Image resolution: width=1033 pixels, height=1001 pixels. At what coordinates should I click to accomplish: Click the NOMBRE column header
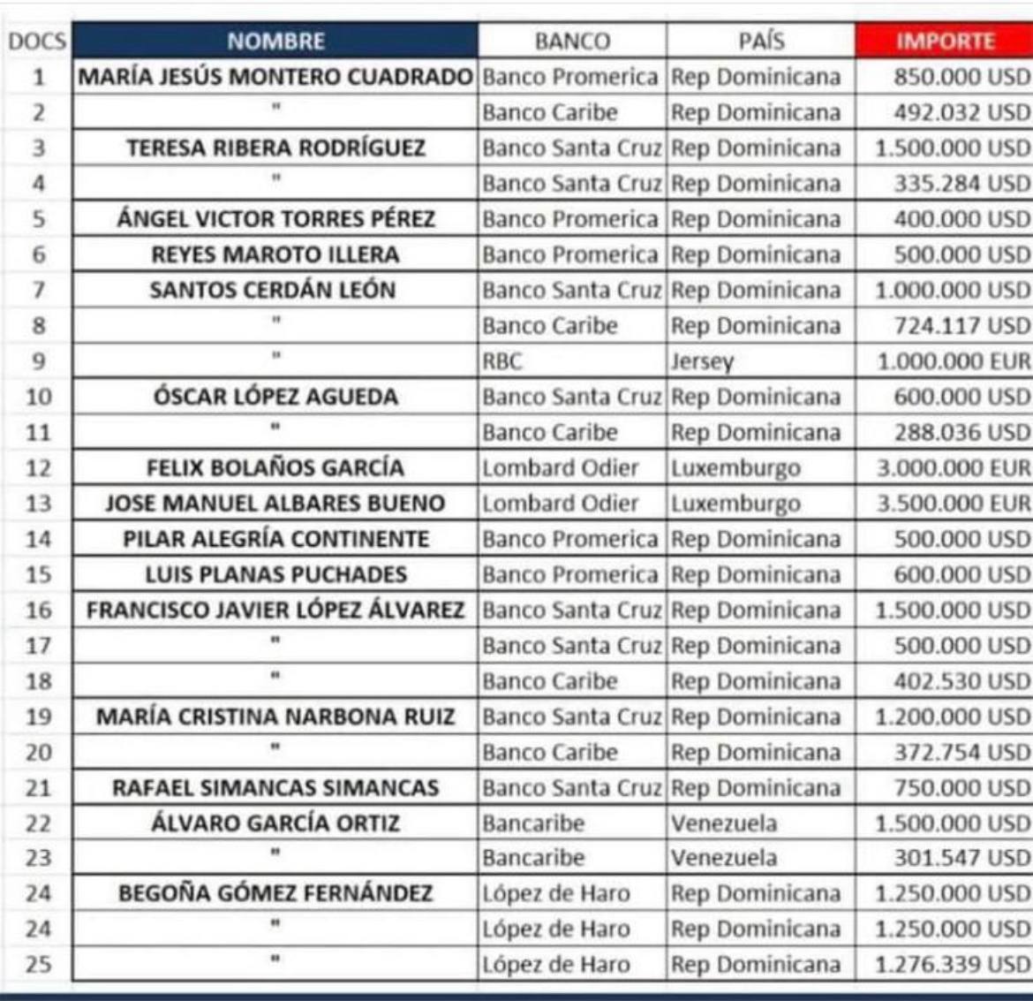pos(275,41)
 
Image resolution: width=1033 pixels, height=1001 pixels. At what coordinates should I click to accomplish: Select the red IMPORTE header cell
pos(945,41)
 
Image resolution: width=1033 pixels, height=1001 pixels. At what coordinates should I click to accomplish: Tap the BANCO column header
pos(572,41)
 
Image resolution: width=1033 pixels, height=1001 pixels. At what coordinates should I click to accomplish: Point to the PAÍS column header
pos(761,41)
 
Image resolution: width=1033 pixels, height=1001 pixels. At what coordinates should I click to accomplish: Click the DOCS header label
pos(38,42)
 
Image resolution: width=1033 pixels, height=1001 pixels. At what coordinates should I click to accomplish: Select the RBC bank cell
pos(503,361)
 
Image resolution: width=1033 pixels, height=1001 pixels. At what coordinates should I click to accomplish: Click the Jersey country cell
pos(703,361)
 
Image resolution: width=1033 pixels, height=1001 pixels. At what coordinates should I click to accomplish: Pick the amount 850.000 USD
pos(961,77)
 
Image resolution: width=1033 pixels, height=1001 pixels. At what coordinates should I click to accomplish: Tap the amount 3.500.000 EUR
pos(953,504)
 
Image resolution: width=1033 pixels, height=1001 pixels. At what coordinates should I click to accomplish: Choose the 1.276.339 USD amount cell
pos(952,964)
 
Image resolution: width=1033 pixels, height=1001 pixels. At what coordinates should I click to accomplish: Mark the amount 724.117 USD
pos(961,325)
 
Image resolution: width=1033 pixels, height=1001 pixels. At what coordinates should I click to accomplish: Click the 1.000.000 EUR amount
pos(953,361)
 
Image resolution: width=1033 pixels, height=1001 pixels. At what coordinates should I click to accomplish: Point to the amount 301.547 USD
pos(961,858)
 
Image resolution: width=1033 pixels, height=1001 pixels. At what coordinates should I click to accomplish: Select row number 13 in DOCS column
pos(38,504)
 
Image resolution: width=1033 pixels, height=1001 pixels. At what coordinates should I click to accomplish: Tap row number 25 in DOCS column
pos(38,964)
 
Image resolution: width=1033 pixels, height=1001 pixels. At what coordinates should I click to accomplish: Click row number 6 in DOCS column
pos(38,254)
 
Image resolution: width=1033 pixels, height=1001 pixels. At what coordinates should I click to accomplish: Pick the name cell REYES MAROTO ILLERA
pos(275,254)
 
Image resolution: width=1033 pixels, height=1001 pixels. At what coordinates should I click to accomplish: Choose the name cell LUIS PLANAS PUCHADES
pos(275,574)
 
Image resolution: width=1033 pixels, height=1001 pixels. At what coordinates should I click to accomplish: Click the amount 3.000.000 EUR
pos(953,467)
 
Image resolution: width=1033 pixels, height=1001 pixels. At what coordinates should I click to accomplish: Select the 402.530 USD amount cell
pos(961,681)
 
